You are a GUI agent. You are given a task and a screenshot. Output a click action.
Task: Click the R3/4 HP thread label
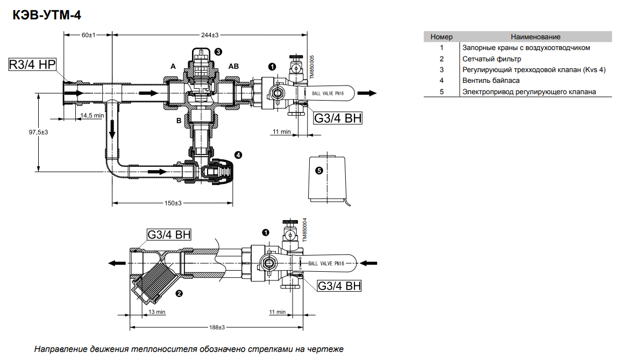33,65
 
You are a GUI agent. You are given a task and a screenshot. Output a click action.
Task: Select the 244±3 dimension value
210,35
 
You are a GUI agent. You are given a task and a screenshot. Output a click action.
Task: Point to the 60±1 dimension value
88,35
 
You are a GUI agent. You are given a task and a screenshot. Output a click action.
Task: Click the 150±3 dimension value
173,203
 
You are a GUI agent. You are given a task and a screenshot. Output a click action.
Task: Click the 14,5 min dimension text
93,116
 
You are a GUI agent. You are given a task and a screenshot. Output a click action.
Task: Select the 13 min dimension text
157,312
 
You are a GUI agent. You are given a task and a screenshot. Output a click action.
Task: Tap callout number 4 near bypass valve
238,155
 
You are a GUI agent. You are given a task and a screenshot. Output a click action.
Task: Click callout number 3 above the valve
218,52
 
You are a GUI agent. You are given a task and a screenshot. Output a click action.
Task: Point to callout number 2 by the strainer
179,294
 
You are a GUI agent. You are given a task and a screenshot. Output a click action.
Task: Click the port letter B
179,121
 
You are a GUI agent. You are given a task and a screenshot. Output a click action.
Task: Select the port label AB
234,66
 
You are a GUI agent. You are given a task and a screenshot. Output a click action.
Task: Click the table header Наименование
536,37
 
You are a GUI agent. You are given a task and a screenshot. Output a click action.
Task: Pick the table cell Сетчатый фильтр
492,59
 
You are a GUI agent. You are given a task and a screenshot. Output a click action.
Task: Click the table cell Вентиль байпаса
491,81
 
